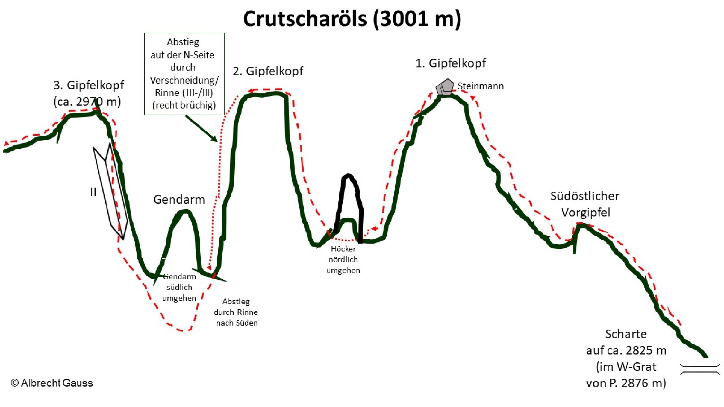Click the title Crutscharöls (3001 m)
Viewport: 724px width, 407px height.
point(352,19)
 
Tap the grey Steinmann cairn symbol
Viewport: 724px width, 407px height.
point(445,87)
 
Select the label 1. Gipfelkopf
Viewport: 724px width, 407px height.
point(450,63)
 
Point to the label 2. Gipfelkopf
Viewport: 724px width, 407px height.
point(268,71)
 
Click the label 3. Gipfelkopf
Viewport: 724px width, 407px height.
point(88,85)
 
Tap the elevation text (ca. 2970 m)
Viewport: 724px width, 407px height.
point(87,102)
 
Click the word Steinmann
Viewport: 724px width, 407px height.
point(480,86)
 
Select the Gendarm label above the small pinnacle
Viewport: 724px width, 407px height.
point(179,199)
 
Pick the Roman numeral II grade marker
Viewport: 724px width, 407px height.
point(93,192)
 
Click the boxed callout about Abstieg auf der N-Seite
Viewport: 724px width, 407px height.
point(184,74)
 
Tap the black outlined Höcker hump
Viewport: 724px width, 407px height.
point(349,206)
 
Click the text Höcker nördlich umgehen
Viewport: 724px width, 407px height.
point(343,259)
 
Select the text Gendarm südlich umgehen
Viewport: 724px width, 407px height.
point(179,287)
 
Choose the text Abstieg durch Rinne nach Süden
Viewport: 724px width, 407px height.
point(236,312)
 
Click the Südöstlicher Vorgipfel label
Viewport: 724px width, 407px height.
point(585,204)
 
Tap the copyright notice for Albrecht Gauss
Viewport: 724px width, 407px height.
point(52,383)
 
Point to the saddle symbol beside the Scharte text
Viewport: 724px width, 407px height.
point(700,369)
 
